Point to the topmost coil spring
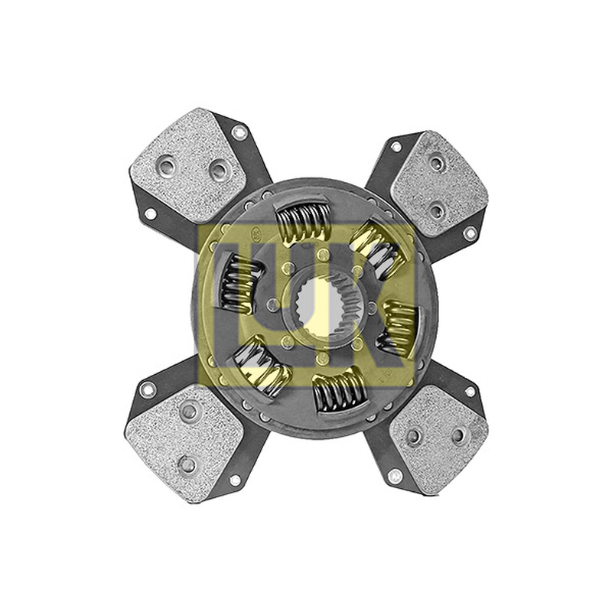pyautogui.click(x=304, y=223)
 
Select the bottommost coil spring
pyautogui.click(x=340, y=392)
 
